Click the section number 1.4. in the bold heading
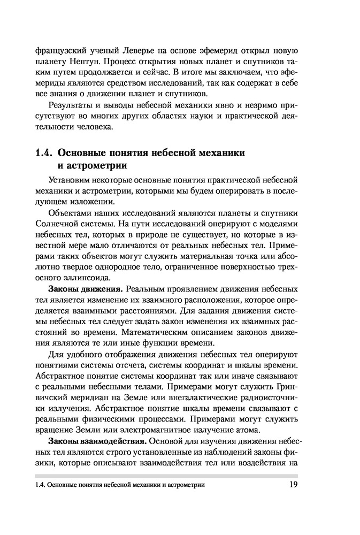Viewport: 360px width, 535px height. point(43,152)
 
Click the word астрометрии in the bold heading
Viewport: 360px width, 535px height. point(96,165)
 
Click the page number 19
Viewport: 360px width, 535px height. point(292,485)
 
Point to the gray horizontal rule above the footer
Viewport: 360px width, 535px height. point(166,476)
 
